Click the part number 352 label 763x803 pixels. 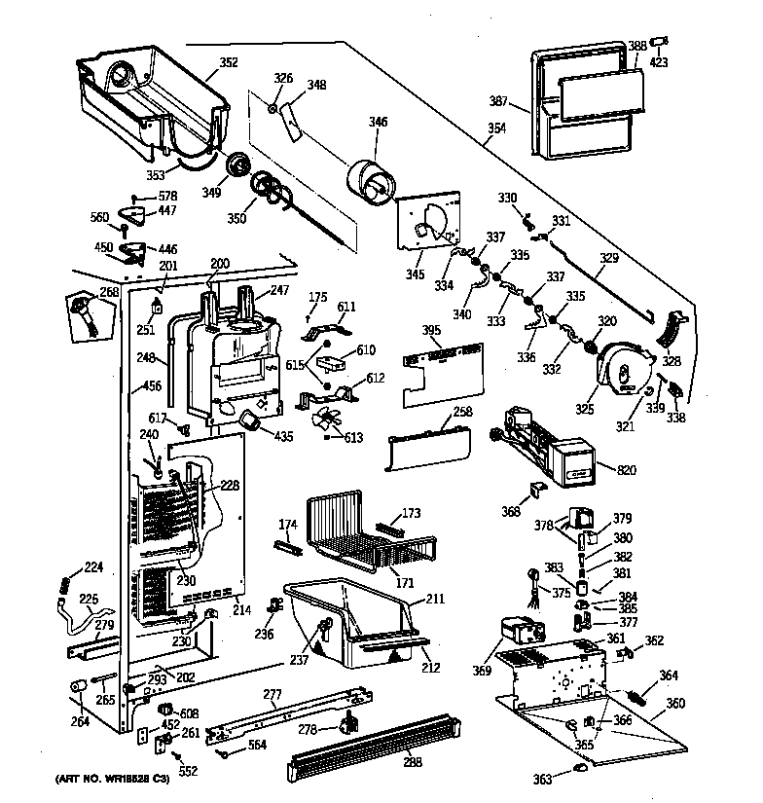click(228, 63)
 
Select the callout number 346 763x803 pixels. click(377, 122)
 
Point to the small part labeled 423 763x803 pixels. click(660, 43)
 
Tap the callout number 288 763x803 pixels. click(412, 762)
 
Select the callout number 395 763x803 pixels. click(430, 331)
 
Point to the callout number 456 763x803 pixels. click(152, 386)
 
